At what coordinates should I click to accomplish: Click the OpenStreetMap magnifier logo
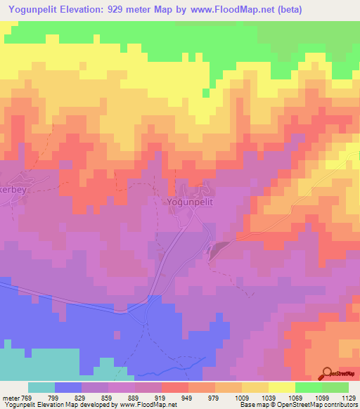click(x=326, y=372)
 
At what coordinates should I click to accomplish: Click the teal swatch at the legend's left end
click(x=41, y=388)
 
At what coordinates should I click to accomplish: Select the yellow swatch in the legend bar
click(x=282, y=388)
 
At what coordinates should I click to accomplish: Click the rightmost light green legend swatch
click(x=335, y=388)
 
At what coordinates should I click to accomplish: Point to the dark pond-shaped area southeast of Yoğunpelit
click(x=218, y=247)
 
